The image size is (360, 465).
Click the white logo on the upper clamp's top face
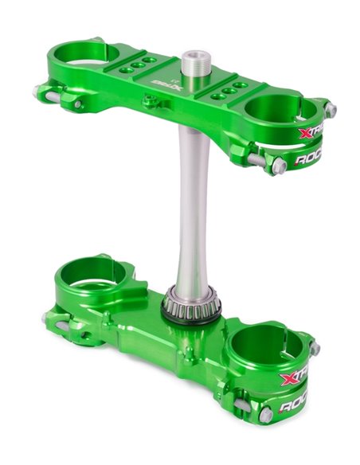coord(160,84)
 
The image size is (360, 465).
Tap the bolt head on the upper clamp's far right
coord(330,110)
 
